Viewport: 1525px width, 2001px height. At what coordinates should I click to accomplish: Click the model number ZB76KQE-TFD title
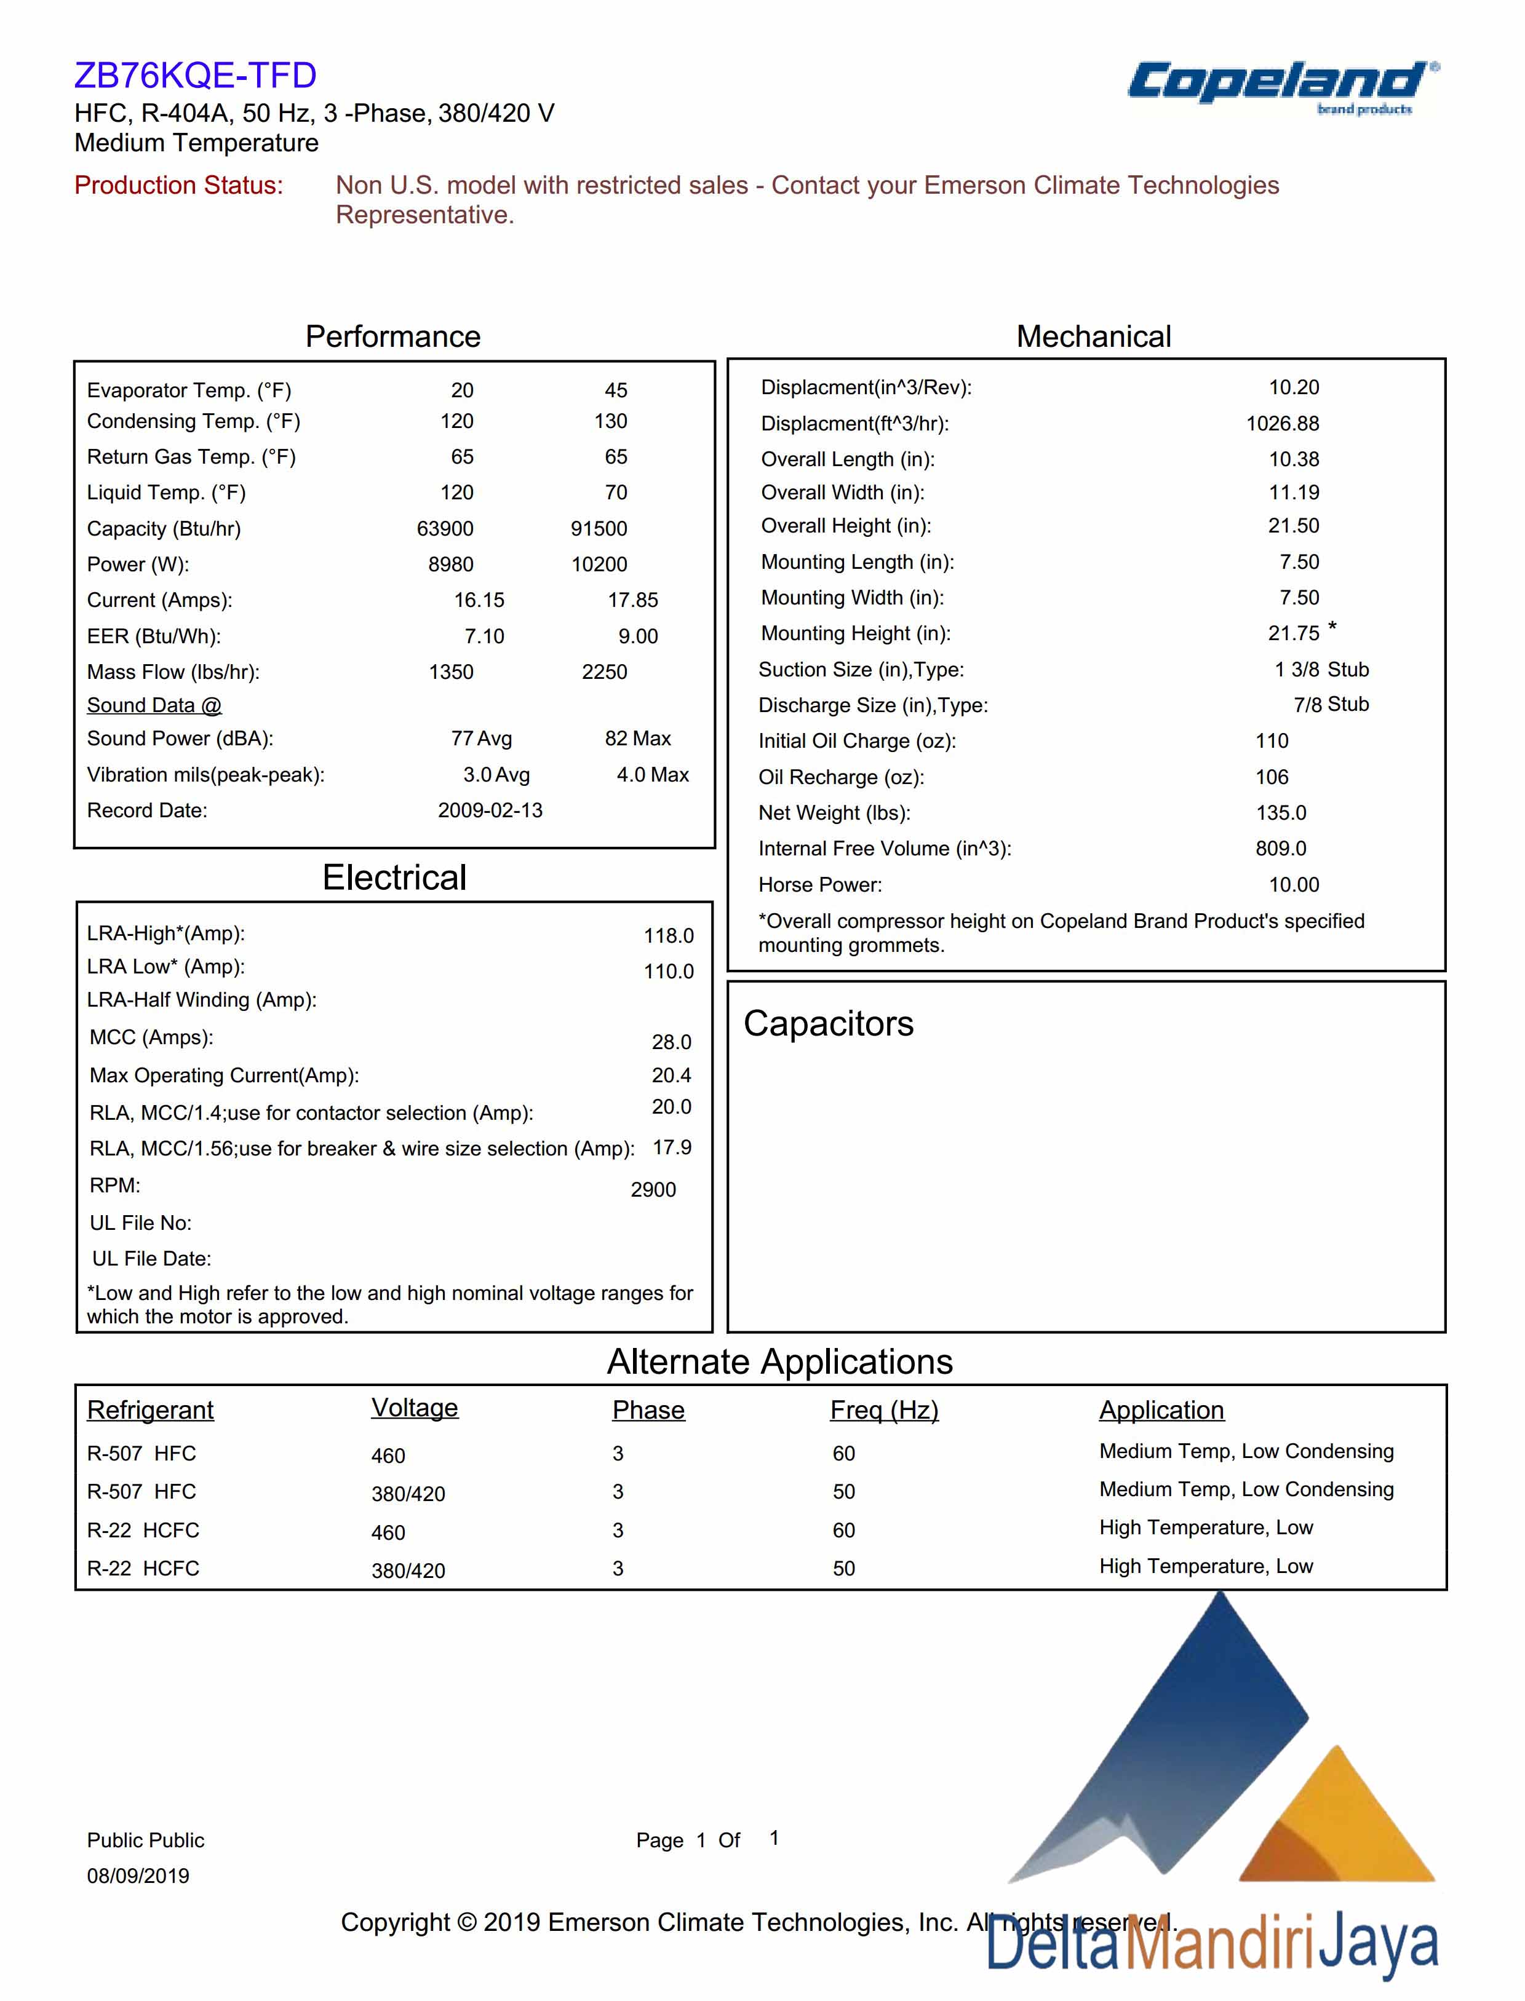pyautogui.click(x=195, y=75)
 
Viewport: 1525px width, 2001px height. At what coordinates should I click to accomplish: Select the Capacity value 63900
pyautogui.click(x=445, y=529)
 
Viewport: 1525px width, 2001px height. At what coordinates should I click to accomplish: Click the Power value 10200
pyautogui.click(x=599, y=565)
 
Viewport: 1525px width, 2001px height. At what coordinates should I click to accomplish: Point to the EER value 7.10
pyautogui.click(x=484, y=636)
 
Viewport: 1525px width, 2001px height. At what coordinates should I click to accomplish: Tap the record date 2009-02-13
pyautogui.click(x=490, y=810)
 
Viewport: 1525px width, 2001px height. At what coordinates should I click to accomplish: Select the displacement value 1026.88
pyautogui.click(x=1282, y=424)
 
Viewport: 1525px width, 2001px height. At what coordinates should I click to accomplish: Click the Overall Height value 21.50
pyautogui.click(x=1294, y=526)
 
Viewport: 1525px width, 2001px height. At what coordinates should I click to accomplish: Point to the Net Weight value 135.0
pyautogui.click(x=1281, y=813)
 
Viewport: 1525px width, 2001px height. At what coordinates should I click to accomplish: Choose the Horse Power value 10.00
pyautogui.click(x=1294, y=885)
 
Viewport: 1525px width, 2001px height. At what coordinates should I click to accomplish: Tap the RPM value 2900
pyautogui.click(x=653, y=1190)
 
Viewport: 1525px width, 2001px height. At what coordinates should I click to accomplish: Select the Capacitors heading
pyautogui.click(x=828, y=1024)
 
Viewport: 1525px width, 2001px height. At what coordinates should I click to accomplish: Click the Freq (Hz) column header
pyautogui.click(x=884, y=1410)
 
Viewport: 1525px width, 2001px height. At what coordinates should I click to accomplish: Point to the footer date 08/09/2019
pyautogui.click(x=138, y=1876)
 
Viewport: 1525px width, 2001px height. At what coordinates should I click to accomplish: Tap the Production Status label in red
pyautogui.click(x=179, y=185)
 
